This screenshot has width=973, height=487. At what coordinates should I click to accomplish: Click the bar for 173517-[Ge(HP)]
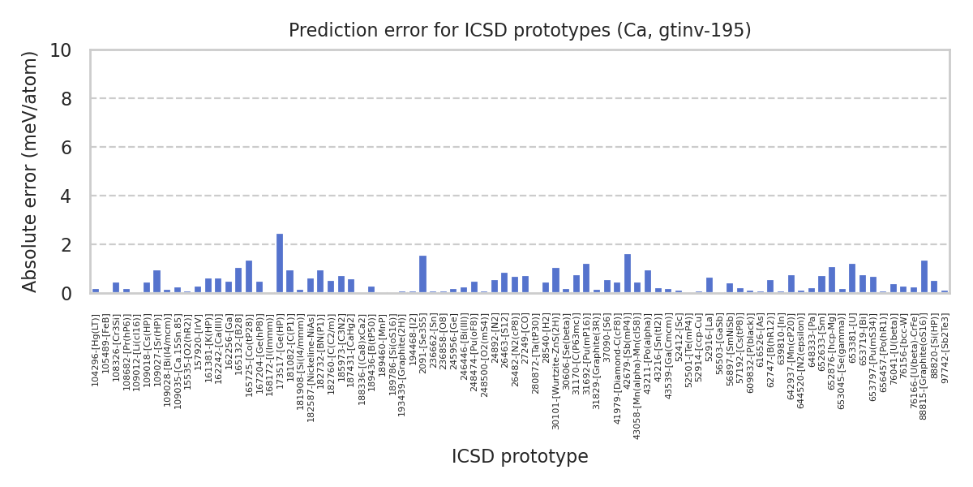tap(280, 263)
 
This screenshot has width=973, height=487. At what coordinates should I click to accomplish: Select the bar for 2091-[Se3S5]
tap(422, 274)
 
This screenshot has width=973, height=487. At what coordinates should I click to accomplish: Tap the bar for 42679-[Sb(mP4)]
tap(628, 274)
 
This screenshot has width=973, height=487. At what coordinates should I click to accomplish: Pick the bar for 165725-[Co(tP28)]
tap(249, 277)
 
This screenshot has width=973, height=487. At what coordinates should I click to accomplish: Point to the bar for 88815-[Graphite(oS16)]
tap(924, 277)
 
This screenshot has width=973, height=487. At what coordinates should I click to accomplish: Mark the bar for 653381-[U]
tap(852, 278)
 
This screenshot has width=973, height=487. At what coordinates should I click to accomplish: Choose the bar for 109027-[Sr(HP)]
tap(156, 282)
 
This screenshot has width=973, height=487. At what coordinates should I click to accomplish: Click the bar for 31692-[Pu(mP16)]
tap(586, 278)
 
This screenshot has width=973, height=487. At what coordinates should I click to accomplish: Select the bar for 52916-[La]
tap(709, 285)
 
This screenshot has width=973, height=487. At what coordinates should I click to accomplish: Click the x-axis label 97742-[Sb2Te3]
tap(945, 342)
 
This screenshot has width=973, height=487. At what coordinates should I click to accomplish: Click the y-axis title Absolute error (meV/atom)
tap(31, 171)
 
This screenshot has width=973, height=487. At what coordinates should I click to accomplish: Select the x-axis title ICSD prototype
tap(520, 457)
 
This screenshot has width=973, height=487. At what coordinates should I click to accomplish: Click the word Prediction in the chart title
tap(324, 31)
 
